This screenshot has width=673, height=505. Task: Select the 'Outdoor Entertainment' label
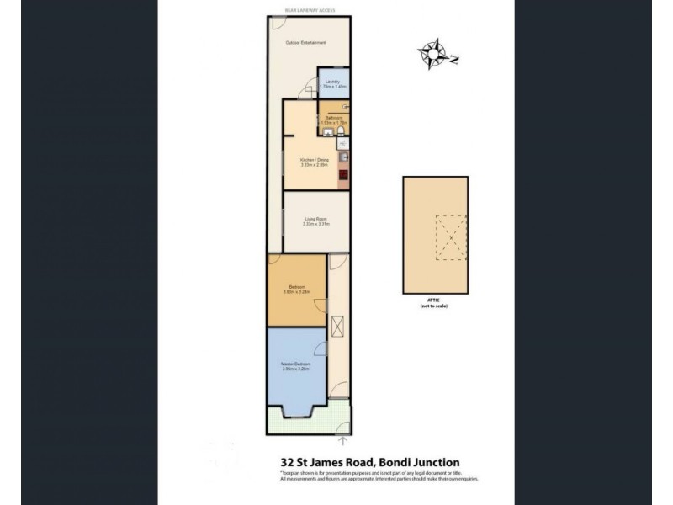(x=305, y=43)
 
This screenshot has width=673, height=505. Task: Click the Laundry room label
(x=332, y=82)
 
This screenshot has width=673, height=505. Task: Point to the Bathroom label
(x=333, y=118)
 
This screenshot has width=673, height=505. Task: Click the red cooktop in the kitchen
(x=344, y=176)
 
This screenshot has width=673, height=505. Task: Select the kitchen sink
(x=344, y=157)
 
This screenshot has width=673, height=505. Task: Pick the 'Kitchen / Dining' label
(x=313, y=161)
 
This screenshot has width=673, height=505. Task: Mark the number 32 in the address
(x=287, y=461)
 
